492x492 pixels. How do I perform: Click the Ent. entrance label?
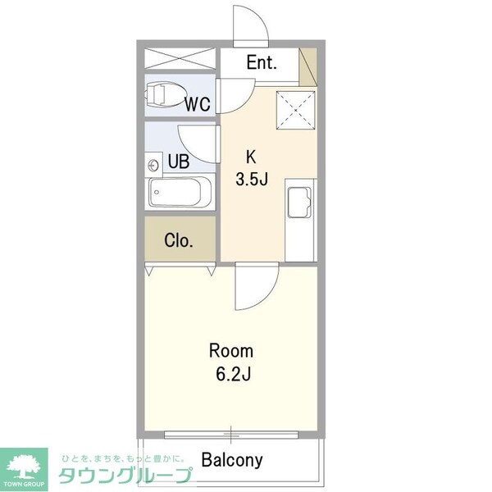coord(262,62)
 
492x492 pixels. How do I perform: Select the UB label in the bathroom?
coord(179,162)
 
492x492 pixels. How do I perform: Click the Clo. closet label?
coord(179,241)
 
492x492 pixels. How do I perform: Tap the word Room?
coord(231,352)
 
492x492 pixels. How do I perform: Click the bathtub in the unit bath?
coord(180,195)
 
